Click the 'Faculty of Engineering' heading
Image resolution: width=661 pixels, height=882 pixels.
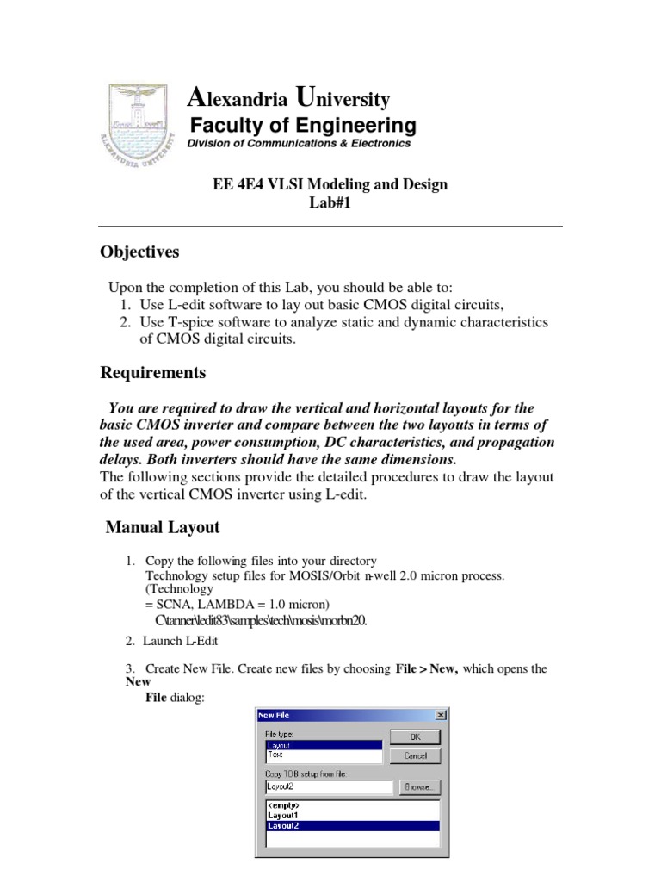point(302,125)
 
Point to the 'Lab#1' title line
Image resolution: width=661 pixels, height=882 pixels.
point(330,202)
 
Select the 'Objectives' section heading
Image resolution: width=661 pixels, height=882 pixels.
point(140,252)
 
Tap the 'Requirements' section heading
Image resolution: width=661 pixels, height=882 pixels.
point(153,373)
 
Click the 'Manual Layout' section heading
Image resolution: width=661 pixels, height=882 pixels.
point(163,527)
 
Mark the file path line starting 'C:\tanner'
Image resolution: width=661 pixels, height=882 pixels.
point(261,620)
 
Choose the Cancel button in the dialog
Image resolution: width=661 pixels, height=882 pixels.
point(415,755)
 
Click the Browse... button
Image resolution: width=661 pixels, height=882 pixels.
point(418,786)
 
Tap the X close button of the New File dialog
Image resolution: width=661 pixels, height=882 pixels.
point(441,715)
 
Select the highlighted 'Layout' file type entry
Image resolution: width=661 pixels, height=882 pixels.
point(279,746)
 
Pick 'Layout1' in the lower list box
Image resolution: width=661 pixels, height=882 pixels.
point(284,815)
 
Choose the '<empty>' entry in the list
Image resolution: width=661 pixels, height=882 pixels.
point(283,805)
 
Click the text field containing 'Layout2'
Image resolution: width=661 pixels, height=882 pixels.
point(326,786)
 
